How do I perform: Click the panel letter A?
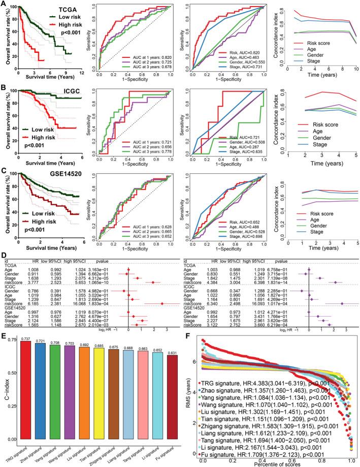[4, 4]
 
